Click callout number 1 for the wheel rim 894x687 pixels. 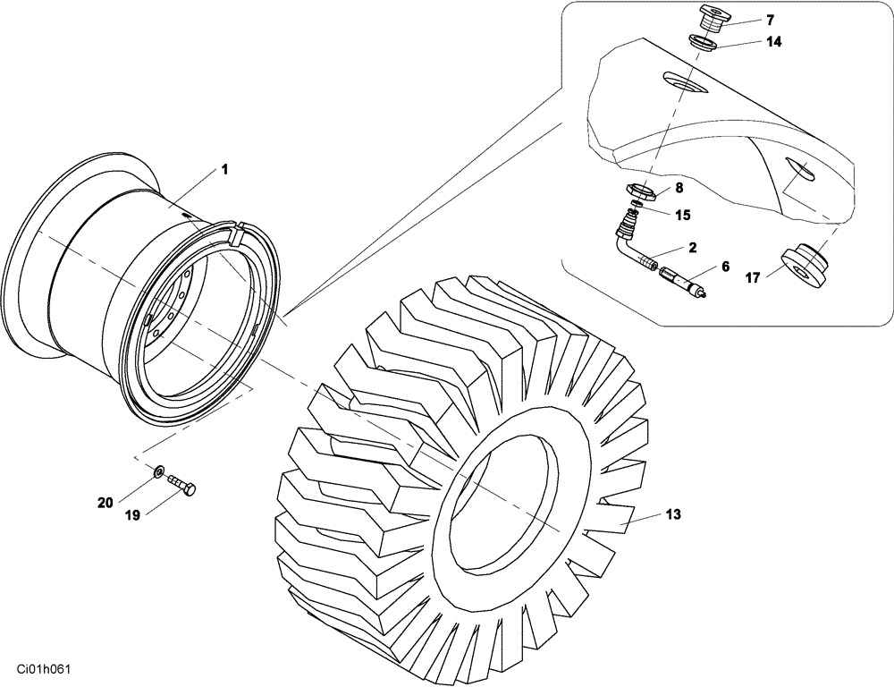click(224, 169)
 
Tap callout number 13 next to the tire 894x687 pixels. click(673, 514)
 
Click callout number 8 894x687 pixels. click(679, 188)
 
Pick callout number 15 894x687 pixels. click(682, 215)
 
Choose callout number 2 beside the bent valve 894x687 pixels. click(693, 247)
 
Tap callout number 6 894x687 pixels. click(725, 267)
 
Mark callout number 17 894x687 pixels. click(753, 278)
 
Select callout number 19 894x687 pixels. click(133, 515)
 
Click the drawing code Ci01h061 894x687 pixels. click(41, 669)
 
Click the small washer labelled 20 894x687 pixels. click(158, 470)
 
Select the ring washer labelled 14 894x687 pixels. click(703, 41)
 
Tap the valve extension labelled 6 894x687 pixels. click(681, 282)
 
